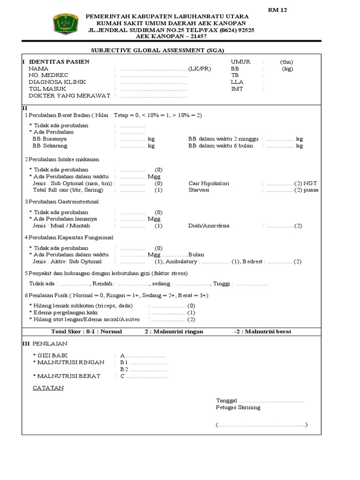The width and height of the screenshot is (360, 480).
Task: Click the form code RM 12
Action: pyautogui.click(x=277, y=10)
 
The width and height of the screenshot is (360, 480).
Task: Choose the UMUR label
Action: pyautogui.click(x=240, y=61)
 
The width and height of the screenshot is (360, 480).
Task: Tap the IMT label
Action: pyautogui.click(x=237, y=89)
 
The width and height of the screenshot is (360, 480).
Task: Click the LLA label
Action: pyautogui.click(x=237, y=82)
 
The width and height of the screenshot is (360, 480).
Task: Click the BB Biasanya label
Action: pyautogui.click(x=49, y=139)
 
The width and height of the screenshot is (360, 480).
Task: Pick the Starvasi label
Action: pyautogui.click(x=198, y=190)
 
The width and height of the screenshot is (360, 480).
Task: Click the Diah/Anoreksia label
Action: pyautogui.click(x=209, y=225)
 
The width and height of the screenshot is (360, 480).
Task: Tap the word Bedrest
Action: pyautogui.click(x=253, y=261)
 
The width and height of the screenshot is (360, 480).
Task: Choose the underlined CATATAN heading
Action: pyautogui.click(x=48, y=388)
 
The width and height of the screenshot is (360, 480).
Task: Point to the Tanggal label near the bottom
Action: pyautogui.click(x=227, y=400)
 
